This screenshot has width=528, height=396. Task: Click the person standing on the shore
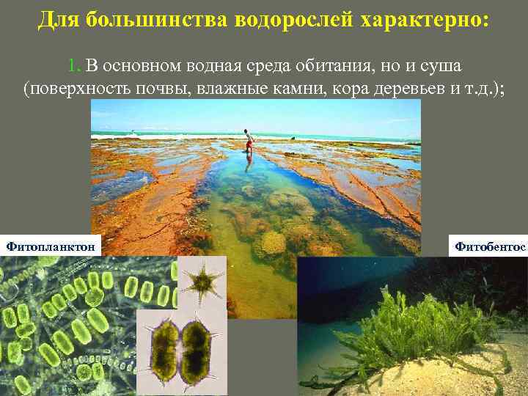click(249, 142)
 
